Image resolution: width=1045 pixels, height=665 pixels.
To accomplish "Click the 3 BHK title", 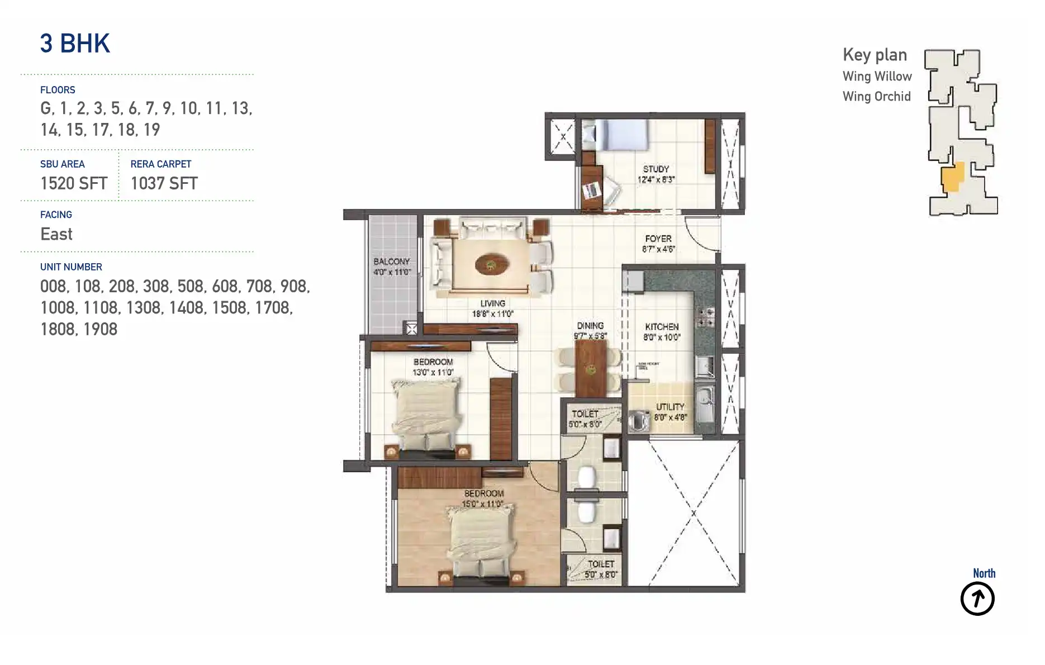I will (75, 44).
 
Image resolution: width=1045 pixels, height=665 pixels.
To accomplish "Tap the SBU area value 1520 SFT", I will (74, 183).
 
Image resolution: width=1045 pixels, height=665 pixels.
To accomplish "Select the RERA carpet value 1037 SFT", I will (164, 183).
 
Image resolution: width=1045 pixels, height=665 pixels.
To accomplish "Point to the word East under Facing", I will (56, 234).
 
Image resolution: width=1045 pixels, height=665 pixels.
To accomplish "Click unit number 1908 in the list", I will (101, 329).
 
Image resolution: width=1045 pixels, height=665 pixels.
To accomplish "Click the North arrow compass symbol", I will (977, 598).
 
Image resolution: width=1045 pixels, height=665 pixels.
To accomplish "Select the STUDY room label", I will (656, 169).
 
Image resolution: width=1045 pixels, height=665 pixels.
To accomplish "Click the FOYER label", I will (658, 239).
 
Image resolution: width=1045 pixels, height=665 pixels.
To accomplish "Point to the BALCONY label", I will (392, 262).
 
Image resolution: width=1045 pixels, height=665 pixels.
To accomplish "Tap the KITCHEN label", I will (662, 327).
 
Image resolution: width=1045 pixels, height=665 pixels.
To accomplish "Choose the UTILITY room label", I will (670, 407).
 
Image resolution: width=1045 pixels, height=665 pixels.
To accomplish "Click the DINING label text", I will (590, 326).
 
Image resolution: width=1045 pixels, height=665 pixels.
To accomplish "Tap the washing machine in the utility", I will (638, 421).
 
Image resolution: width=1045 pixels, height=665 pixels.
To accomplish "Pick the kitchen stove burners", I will (705, 317).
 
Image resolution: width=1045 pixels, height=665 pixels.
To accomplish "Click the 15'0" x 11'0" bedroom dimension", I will (483, 504).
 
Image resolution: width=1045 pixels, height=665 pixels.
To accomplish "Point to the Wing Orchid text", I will (876, 97).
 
